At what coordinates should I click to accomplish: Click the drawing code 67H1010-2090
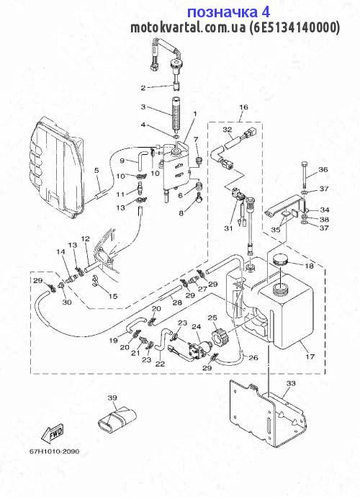coord(50,452)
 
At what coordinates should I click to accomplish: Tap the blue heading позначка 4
coord(228,12)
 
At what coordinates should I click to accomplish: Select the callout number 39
coord(112,398)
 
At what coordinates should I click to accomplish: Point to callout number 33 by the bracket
coord(291,383)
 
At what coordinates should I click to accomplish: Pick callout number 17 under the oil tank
coord(310,357)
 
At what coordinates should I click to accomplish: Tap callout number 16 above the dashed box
coord(243,107)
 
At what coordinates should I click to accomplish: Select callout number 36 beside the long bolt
coord(323,169)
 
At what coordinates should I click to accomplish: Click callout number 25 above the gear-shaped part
coord(212,318)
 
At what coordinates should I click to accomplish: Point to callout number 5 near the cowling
coord(96,171)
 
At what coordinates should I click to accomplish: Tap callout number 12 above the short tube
coord(85,238)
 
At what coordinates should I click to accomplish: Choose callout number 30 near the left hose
coord(66,302)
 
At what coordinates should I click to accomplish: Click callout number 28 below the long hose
coord(177,303)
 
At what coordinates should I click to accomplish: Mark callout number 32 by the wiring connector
coord(228,130)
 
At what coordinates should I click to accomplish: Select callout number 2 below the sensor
coord(143,88)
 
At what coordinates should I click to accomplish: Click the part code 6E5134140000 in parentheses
coord(293,27)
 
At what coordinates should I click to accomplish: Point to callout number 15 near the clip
coord(113,296)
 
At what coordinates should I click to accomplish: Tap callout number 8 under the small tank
coord(181,213)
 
